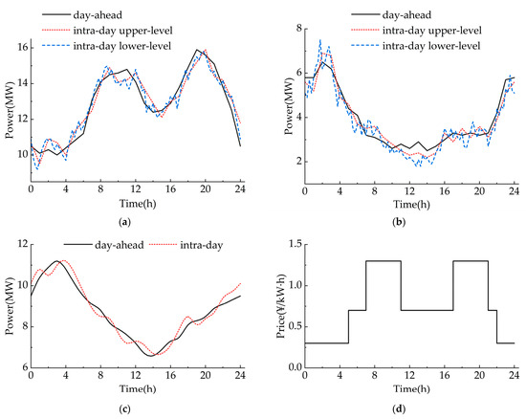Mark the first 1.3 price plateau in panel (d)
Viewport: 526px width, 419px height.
[x=383, y=261]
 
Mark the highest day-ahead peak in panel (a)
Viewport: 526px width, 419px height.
[x=197, y=50]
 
